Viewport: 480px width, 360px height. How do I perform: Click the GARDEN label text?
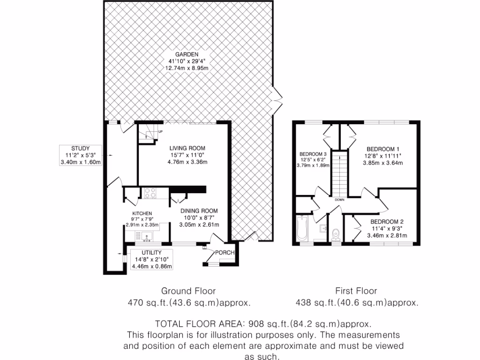pyautogui.click(x=187, y=54)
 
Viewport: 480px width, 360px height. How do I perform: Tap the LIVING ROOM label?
pyautogui.click(x=188, y=148)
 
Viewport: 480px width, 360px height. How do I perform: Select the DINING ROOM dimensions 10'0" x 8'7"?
pyautogui.click(x=200, y=217)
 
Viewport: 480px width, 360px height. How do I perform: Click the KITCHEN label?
pyautogui.click(x=142, y=214)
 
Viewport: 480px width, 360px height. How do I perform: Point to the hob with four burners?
pyautogui.click(x=150, y=192)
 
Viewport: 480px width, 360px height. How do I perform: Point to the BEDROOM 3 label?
pyautogui.click(x=313, y=154)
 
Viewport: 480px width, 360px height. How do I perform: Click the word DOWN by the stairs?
pyautogui.click(x=340, y=200)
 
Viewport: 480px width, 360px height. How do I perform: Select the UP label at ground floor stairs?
pyautogui.click(x=160, y=131)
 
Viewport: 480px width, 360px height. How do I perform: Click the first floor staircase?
pyautogui.click(x=339, y=173)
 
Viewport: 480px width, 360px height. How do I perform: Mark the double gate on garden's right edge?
pyautogui.click(x=278, y=98)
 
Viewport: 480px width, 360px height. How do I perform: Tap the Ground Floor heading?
pyautogui.click(x=188, y=291)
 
